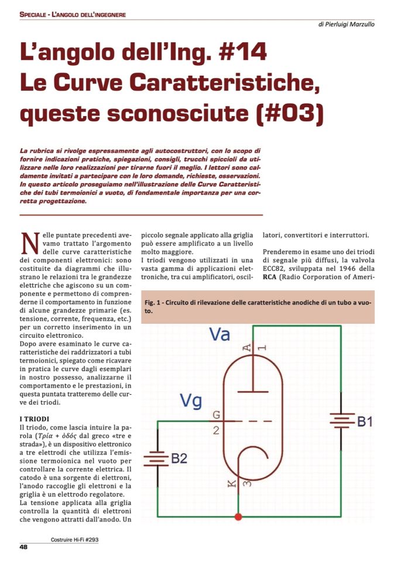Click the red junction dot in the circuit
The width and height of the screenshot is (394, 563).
coord(238,517)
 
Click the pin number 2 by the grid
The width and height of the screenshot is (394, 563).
coord(216,430)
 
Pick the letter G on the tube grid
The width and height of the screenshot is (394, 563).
coord(217,415)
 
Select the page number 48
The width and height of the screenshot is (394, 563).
coord(24,547)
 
